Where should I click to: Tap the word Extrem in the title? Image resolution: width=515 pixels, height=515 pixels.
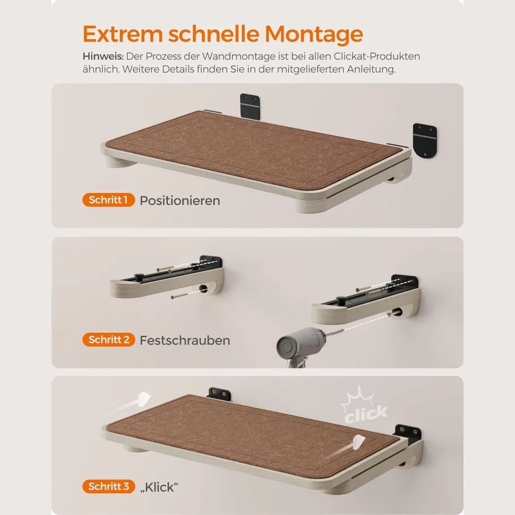(123, 34)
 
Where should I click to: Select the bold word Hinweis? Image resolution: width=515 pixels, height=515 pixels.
(103, 57)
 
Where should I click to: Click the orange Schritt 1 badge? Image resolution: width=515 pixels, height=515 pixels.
(108, 200)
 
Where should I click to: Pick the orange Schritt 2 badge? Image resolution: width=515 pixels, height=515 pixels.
(109, 339)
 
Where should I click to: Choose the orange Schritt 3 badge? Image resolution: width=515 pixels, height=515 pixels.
(109, 487)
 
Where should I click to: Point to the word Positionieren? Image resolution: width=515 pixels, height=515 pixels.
(180, 201)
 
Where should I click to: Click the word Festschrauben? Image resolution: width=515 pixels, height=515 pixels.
(185, 340)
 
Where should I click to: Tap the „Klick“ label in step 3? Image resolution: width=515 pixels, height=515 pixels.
(159, 487)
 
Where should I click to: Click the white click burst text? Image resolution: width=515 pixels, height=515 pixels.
(366, 414)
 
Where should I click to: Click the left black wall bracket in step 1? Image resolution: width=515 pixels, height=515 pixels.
(250, 107)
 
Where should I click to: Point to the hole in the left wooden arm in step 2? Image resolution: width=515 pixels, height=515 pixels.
(203, 289)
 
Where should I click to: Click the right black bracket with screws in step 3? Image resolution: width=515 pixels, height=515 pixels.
(408, 432)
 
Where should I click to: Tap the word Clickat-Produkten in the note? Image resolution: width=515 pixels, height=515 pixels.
(377, 57)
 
